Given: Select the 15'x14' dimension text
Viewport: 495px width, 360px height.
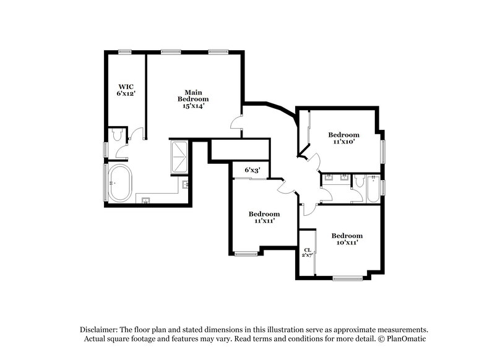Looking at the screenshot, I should click(193, 106).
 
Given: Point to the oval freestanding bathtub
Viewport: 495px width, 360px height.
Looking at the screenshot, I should click(119, 183).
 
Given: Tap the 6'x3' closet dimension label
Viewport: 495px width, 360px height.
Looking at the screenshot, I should click(252, 169).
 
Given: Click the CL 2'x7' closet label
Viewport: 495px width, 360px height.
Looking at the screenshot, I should click(307, 252).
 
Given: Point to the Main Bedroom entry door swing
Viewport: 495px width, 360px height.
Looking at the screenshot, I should click(236, 123).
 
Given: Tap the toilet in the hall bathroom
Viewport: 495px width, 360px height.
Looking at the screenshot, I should click(359, 181).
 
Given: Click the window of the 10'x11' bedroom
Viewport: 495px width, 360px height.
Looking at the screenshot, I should click(346, 278).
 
